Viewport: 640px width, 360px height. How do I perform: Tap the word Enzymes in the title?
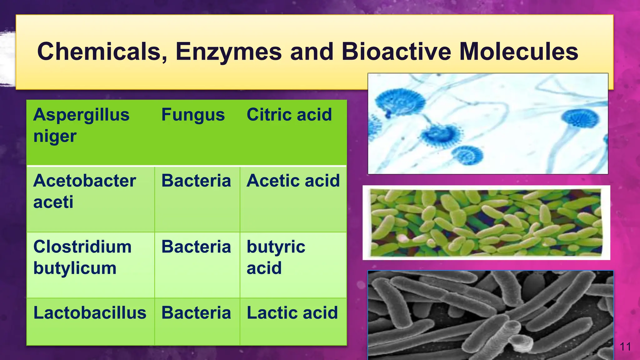[228, 52]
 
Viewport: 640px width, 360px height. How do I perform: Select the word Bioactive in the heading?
[396, 52]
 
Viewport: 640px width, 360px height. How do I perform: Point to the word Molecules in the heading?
[519, 52]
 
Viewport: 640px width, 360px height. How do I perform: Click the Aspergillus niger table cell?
[81, 125]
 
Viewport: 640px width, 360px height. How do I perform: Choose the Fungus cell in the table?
[193, 115]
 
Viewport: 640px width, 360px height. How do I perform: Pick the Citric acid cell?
[289, 115]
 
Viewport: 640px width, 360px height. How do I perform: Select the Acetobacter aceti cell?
[84, 191]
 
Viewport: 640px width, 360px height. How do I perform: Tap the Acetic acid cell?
[293, 181]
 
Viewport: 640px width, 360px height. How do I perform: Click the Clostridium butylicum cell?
[82, 257]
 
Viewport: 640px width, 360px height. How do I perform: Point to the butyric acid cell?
[276, 257]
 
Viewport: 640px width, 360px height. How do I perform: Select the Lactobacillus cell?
[90, 313]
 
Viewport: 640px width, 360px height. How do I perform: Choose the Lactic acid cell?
[292, 313]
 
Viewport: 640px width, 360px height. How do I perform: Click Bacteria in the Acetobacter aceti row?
[196, 181]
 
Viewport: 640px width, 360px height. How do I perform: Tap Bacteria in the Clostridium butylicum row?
[196, 247]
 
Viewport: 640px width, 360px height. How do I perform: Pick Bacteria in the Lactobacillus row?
[196, 313]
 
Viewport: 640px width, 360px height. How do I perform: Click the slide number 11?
[625, 347]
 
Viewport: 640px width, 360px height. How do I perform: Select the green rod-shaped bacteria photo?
[486, 223]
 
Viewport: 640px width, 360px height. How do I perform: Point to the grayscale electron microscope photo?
[490, 315]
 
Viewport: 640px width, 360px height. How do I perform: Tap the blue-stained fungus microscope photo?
[487, 123]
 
